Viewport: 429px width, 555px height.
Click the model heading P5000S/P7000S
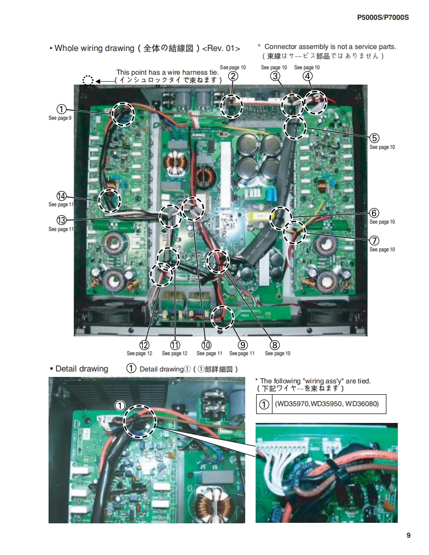(382, 18)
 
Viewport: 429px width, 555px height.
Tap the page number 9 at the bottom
(408, 535)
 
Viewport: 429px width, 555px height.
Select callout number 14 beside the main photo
(62, 196)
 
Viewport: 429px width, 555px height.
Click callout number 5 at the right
(375, 138)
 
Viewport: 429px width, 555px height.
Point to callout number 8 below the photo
(274, 345)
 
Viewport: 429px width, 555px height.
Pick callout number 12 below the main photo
(144, 345)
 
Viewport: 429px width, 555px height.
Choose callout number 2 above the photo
(233, 76)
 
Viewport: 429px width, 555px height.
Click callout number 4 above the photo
(308, 76)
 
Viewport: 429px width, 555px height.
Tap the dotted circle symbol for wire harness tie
(88, 81)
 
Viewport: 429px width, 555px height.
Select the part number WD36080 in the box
(362, 404)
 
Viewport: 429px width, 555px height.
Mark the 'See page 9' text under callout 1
(60, 118)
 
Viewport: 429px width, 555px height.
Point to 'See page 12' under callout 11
(175, 354)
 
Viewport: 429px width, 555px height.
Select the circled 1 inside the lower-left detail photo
(120, 406)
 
